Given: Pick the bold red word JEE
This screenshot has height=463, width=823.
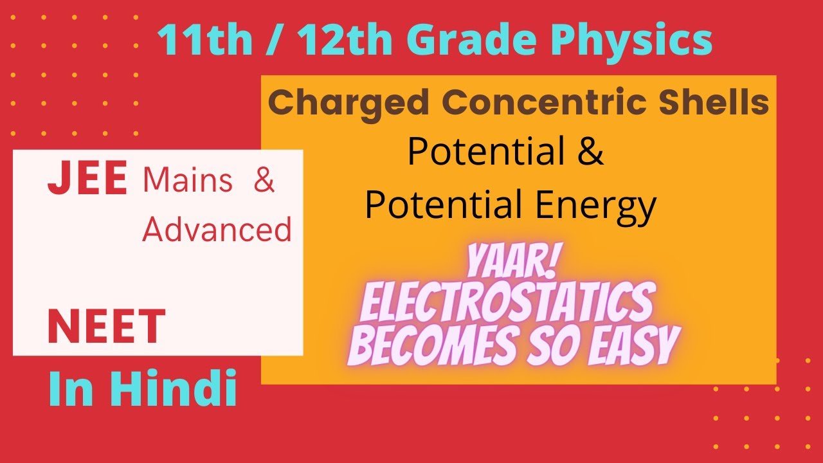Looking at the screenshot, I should click(87, 179).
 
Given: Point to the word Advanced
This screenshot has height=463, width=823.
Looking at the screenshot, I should click(217, 229).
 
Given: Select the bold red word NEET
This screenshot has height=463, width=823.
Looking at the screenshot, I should click(107, 326).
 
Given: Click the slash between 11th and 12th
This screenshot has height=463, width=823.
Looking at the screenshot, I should click(266, 41).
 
